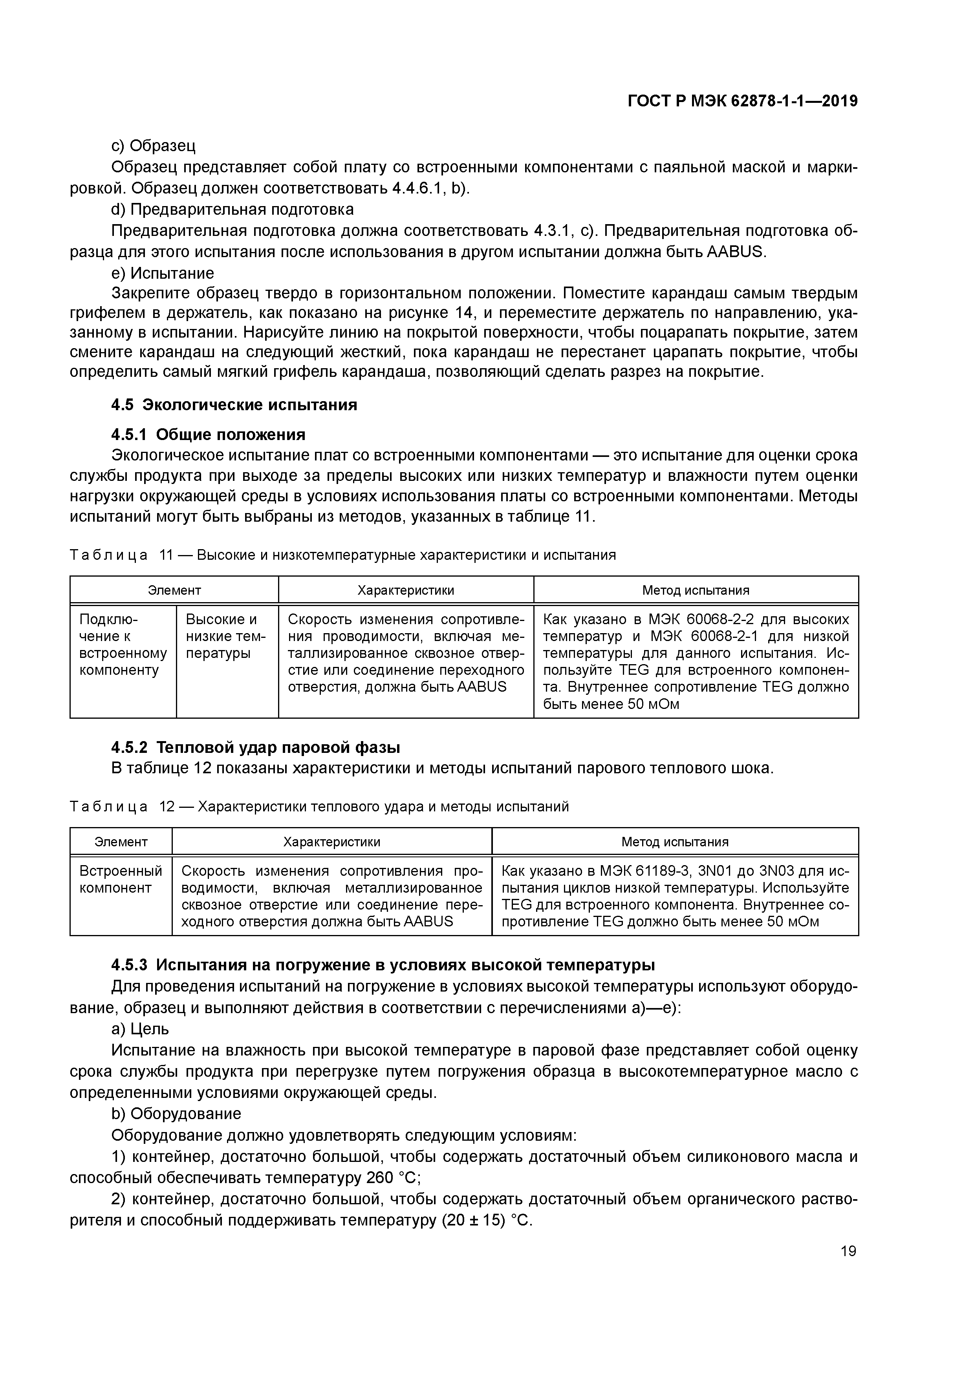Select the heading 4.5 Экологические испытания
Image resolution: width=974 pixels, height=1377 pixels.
pos(234,405)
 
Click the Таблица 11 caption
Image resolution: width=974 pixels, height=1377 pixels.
pos(343,555)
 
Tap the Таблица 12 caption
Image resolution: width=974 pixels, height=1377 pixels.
pos(319,807)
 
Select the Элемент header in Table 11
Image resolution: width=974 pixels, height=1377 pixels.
pos(174,590)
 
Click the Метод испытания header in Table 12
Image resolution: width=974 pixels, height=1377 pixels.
pos(675,842)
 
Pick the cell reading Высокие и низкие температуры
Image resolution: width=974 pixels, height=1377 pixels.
pos(226,636)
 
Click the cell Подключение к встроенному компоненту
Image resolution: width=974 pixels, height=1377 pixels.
pos(123,645)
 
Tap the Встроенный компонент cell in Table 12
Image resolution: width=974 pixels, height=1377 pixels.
pos(121,879)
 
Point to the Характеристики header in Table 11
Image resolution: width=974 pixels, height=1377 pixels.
pos(406,590)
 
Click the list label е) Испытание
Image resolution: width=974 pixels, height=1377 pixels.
pos(163,274)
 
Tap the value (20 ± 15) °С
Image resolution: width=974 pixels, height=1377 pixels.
pos(487,1220)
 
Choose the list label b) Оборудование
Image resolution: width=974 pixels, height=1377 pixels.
pos(176,1114)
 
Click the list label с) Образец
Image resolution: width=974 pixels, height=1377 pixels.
pos(154,146)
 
